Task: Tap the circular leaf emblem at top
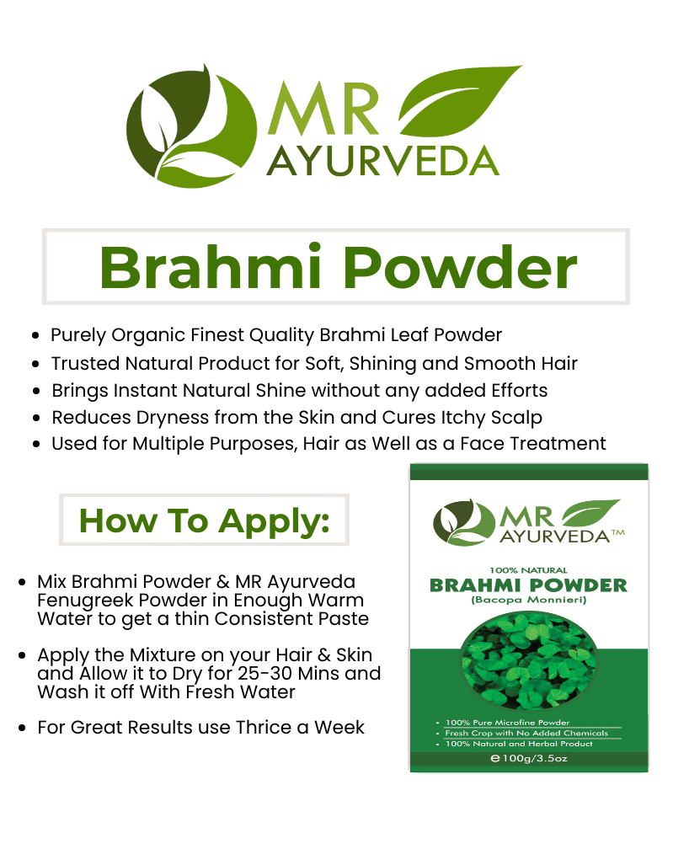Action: click(x=191, y=126)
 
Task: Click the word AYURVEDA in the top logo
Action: click(x=382, y=161)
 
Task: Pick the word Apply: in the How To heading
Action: click(x=275, y=521)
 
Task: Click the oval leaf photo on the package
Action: click(x=528, y=660)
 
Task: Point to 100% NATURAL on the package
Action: click(x=528, y=570)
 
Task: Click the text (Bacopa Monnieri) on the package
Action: click(x=528, y=600)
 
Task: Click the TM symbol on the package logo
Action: click(x=618, y=533)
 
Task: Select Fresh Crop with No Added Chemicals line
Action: click(x=526, y=733)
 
